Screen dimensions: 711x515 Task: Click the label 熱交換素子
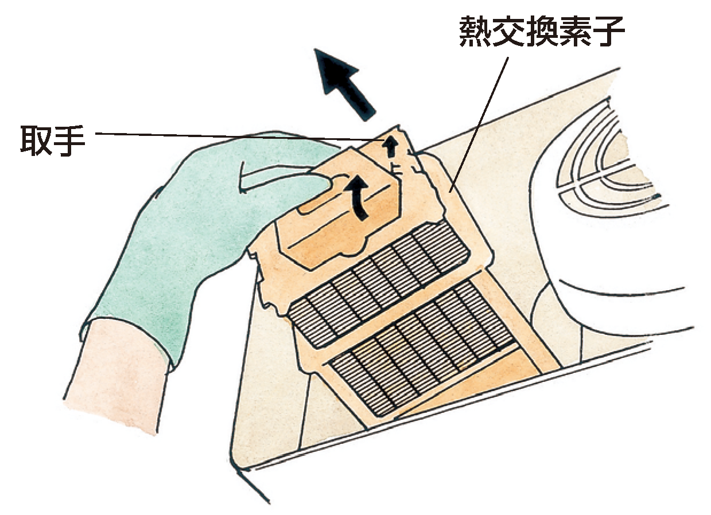[542, 31]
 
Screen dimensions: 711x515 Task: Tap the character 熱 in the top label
[475, 31]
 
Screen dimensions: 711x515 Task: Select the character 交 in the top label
[508, 31]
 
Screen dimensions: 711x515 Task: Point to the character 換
[542, 31]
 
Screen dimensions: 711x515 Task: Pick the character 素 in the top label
[575, 31]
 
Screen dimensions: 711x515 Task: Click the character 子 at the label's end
[609, 31]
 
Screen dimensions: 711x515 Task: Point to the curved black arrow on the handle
[357, 197]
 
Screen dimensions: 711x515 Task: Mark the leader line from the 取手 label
[240, 136]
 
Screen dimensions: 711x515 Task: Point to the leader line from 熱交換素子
[479, 124]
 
